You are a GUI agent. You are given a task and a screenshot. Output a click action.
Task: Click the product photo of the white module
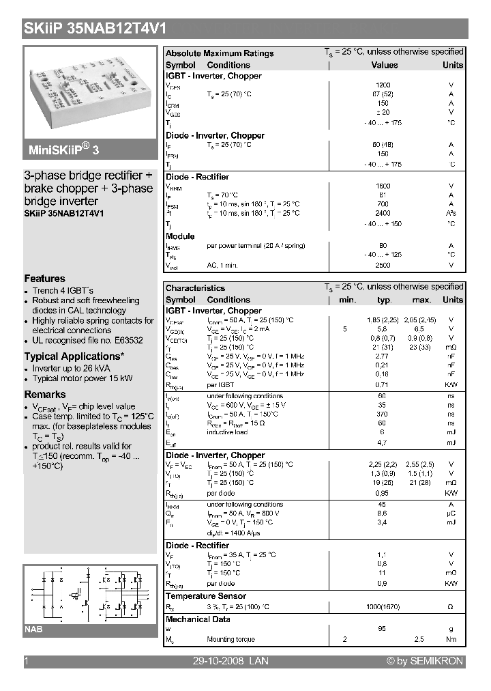(90, 90)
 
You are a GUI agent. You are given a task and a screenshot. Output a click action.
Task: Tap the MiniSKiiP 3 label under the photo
(65, 150)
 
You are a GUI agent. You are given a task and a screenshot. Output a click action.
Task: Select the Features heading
(45, 279)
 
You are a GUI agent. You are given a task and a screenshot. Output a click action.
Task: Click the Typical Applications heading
(74, 356)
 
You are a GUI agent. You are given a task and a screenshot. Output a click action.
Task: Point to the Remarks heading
(45, 395)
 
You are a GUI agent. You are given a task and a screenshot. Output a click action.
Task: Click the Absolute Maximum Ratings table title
(220, 53)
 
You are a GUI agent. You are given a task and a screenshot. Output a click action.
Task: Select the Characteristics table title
(195, 288)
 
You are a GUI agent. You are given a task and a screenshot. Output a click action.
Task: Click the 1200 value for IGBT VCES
(383, 85)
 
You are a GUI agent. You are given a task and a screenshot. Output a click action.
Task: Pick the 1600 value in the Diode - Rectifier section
(383, 186)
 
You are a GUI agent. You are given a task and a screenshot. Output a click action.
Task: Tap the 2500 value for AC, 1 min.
(383, 264)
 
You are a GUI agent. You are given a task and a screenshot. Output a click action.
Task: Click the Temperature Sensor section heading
(206, 596)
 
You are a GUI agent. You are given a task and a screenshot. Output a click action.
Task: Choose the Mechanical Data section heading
(198, 619)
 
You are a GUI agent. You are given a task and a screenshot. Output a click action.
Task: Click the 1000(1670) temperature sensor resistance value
(383, 607)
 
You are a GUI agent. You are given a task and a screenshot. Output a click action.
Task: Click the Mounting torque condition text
(231, 640)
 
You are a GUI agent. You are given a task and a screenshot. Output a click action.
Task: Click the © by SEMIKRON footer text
(425, 661)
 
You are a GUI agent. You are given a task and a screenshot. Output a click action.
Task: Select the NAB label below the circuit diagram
(34, 629)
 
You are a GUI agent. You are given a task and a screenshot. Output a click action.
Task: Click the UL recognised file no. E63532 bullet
(87, 340)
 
